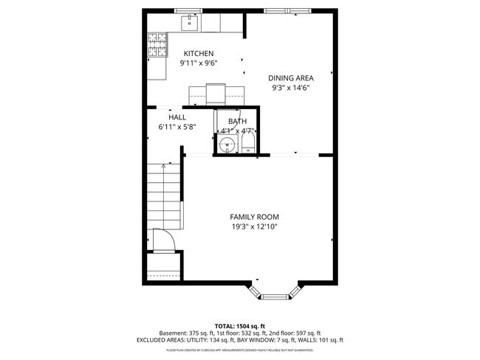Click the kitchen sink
click(x=191, y=23)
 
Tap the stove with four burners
click(x=157, y=46)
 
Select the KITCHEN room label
click(x=199, y=53)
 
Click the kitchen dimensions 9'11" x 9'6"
click(x=199, y=63)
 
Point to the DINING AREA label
click(x=290, y=77)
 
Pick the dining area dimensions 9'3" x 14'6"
click(x=290, y=88)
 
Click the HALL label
click(x=177, y=117)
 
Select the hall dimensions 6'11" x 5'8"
click(x=177, y=127)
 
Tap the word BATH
click(x=237, y=121)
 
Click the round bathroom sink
click(x=228, y=144)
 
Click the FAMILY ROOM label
click(x=254, y=216)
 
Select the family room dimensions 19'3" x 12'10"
click(x=254, y=226)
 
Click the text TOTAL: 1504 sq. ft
click(x=240, y=325)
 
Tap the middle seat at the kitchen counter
click(x=216, y=94)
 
